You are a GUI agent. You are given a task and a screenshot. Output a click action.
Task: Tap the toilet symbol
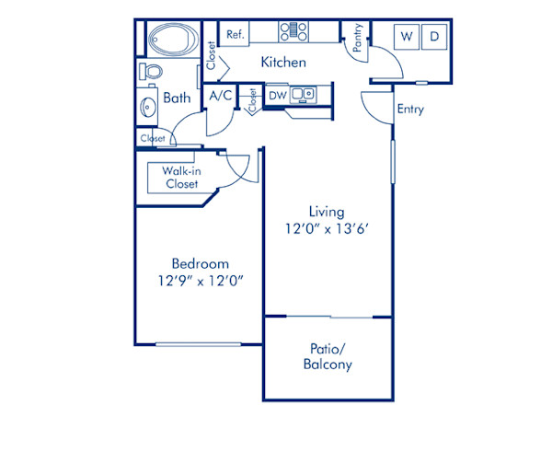(x=152, y=71)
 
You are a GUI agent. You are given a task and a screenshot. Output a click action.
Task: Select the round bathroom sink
(x=149, y=107)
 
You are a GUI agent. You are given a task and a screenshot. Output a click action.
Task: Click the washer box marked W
(x=406, y=38)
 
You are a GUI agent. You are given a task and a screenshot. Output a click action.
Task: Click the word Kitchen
(x=283, y=63)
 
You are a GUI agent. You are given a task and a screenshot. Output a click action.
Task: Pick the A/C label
(x=221, y=95)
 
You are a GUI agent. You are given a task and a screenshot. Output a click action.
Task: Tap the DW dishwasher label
(x=277, y=95)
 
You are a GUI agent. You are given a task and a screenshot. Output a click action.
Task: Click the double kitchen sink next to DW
(x=303, y=94)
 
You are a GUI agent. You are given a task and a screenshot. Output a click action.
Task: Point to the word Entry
(x=410, y=110)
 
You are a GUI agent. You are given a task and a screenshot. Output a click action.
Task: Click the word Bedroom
(x=200, y=263)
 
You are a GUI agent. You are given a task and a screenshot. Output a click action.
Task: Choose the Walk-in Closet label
(x=181, y=177)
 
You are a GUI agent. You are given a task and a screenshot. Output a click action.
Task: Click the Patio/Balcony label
(x=327, y=357)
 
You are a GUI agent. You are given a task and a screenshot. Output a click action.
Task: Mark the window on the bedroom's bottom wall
(x=199, y=345)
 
